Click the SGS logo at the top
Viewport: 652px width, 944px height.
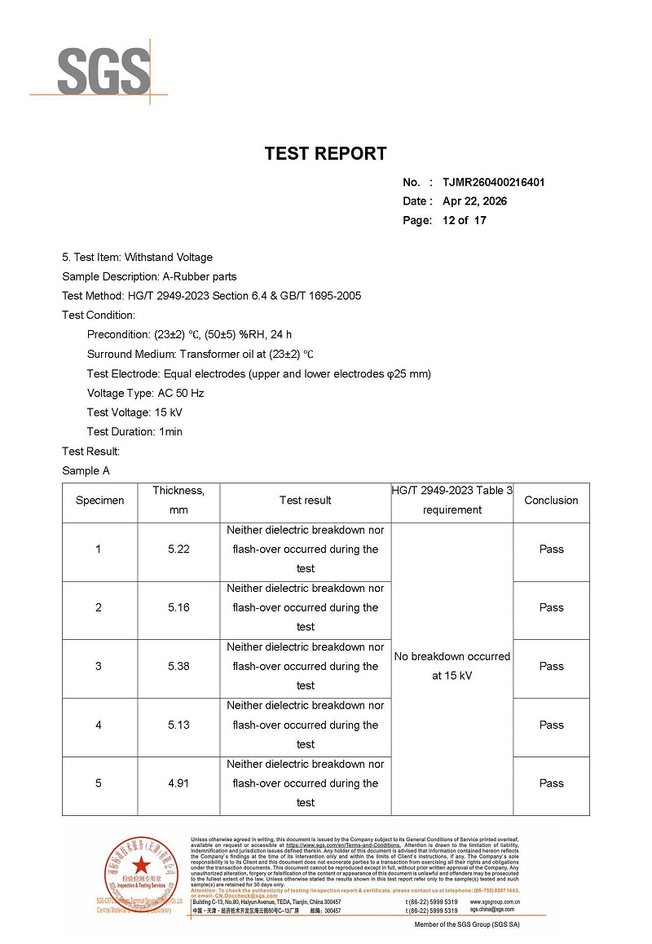coord(104,70)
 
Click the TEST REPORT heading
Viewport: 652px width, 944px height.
coord(325,153)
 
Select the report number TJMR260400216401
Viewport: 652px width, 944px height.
coord(493,182)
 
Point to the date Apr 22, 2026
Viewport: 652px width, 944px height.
coord(474,201)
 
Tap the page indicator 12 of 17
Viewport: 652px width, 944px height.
coord(464,220)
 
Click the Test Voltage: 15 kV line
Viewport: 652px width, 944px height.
coord(134,412)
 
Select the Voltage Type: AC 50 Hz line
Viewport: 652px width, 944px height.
coord(145,393)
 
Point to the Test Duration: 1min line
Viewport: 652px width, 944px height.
coord(134,431)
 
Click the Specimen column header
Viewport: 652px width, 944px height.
coord(99,501)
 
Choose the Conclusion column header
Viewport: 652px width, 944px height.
coord(551,501)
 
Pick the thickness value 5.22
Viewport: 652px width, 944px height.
coord(178,549)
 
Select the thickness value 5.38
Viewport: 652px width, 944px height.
coord(178,666)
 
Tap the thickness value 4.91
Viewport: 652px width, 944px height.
coord(178,783)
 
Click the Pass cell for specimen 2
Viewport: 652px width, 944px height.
coord(551,607)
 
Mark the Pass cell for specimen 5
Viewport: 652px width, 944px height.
coord(551,783)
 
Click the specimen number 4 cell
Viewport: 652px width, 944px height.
coord(99,725)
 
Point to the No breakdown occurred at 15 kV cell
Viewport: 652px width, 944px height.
coord(452,666)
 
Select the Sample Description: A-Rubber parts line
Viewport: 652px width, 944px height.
coord(149,276)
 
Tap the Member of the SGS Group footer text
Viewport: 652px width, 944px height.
coord(466,924)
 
